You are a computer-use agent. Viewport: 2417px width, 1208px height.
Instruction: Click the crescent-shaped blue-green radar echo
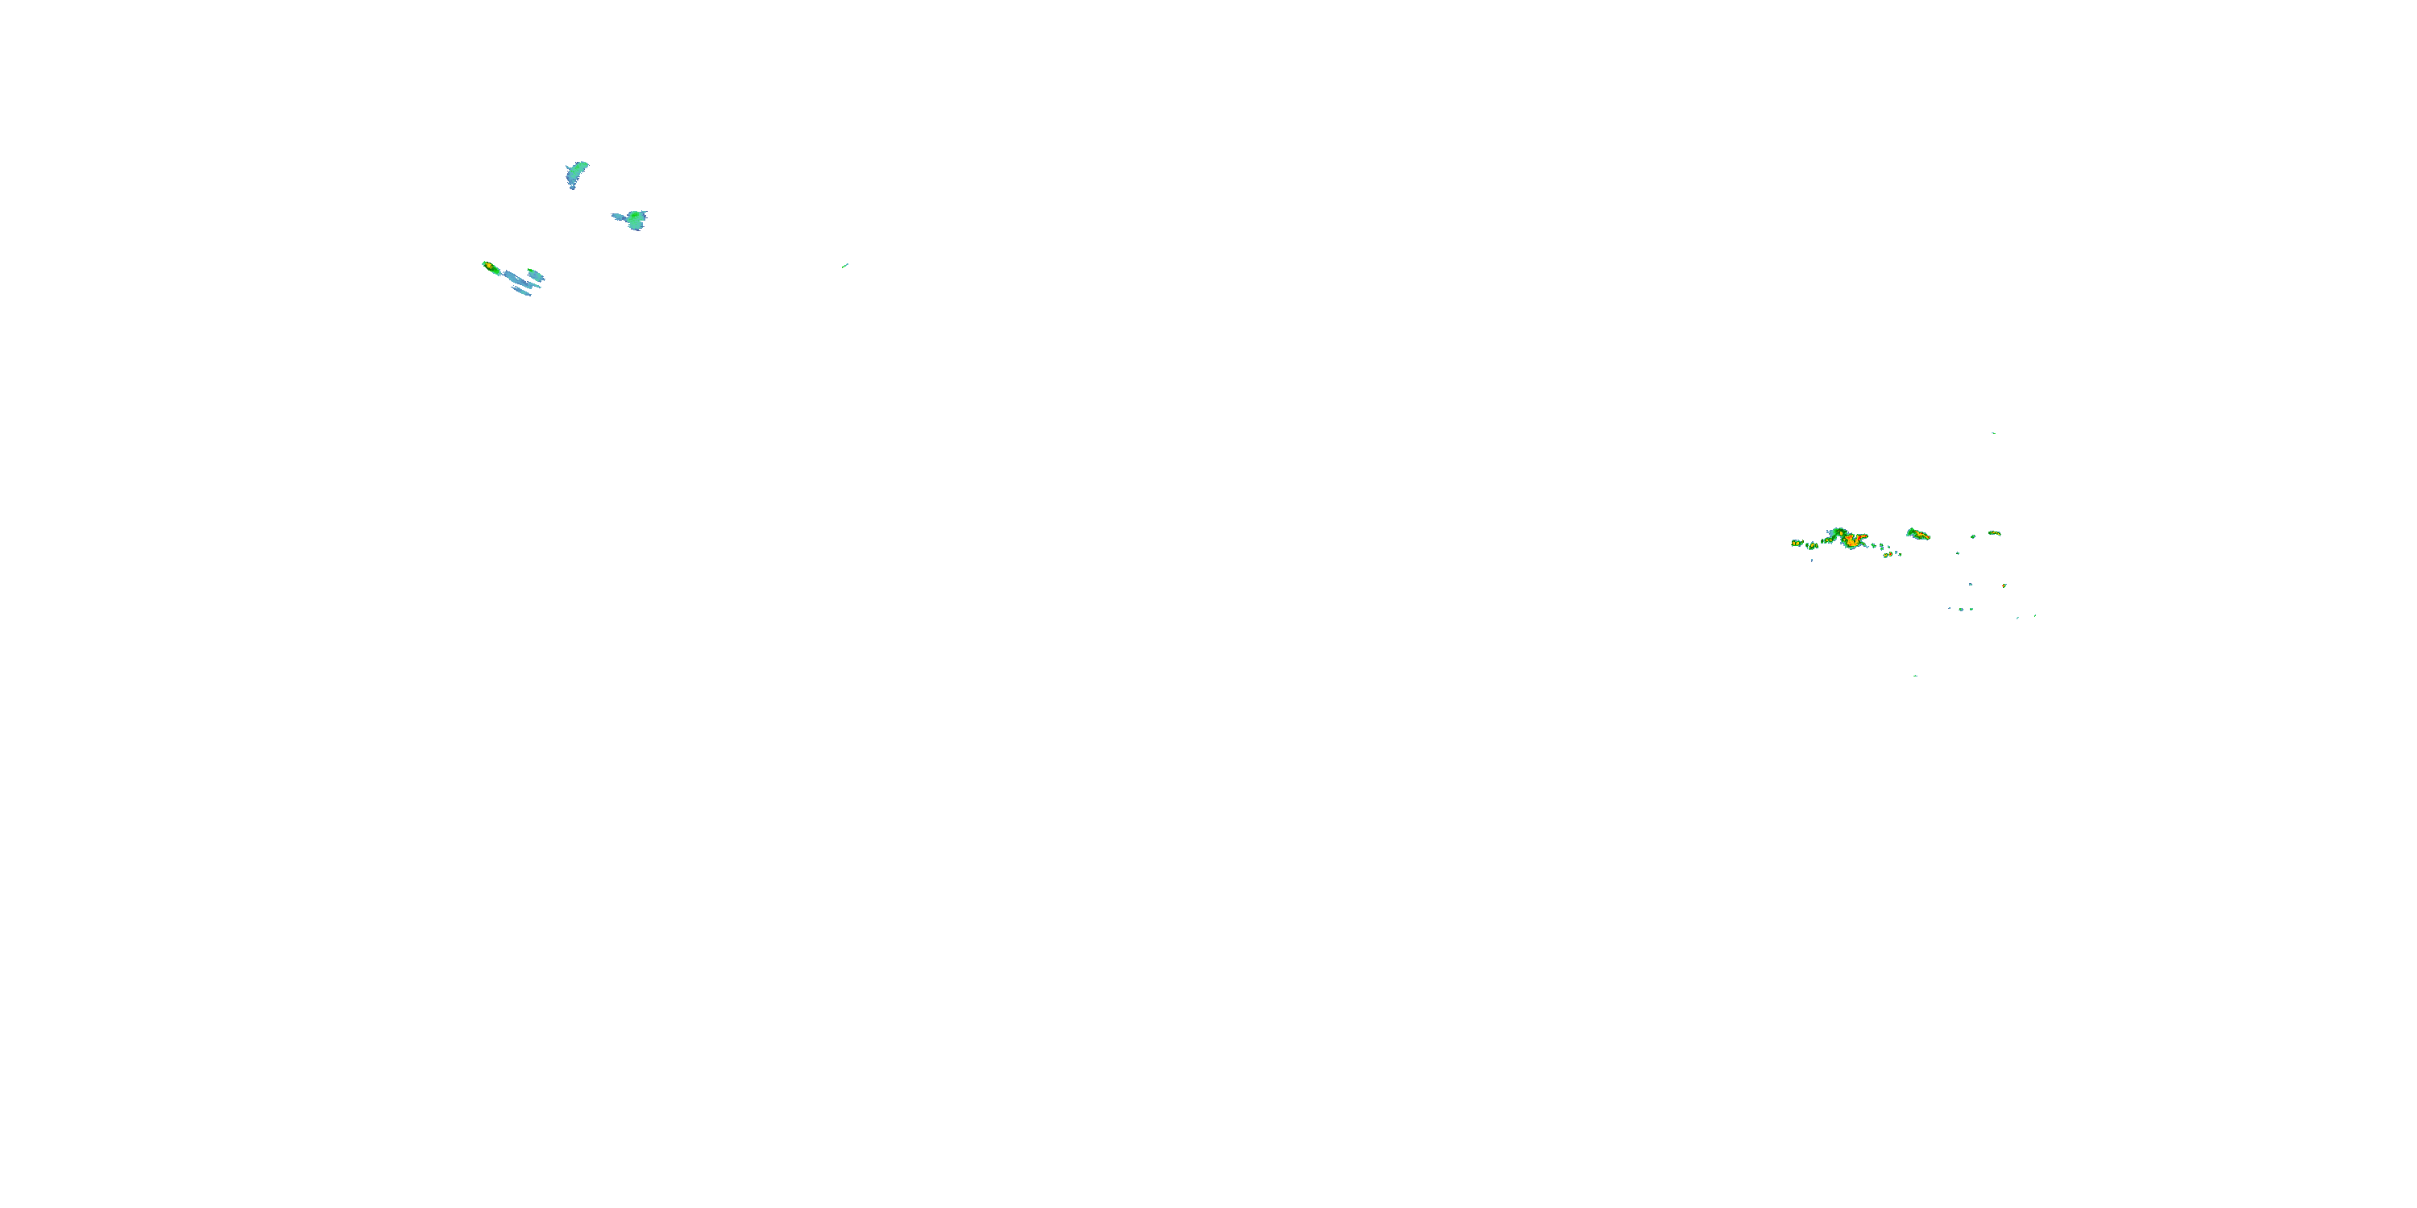click(x=576, y=173)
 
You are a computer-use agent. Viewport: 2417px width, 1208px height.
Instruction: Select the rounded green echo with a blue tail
click(x=635, y=220)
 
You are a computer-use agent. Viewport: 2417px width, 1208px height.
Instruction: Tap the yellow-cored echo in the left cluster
click(x=490, y=267)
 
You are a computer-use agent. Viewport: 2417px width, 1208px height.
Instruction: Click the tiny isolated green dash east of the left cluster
click(x=845, y=266)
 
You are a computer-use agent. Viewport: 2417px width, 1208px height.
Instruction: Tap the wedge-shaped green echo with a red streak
click(x=1920, y=535)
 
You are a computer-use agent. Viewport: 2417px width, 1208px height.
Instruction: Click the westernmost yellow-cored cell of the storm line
click(x=1797, y=544)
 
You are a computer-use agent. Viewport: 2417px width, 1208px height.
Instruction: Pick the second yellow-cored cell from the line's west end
click(x=1813, y=546)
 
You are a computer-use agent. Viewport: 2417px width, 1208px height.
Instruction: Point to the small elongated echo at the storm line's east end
click(x=1996, y=534)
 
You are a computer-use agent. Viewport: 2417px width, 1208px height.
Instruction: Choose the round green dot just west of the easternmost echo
click(x=1973, y=537)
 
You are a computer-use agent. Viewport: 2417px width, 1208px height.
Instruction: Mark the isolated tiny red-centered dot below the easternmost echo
click(x=2005, y=586)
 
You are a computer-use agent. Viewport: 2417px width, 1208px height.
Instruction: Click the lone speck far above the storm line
click(x=1993, y=433)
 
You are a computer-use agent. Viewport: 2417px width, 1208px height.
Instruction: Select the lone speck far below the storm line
click(x=1915, y=676)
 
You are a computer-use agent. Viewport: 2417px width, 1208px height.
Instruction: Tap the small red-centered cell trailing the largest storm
click(x=1891, y=554)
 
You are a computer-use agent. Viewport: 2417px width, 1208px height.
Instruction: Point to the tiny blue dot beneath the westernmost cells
click(x=1812, y=561)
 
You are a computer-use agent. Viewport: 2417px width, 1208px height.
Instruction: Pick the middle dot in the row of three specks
click(x=1962, y=610)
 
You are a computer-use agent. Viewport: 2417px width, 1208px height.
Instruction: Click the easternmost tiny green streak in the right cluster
click(x=2036, y=616)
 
